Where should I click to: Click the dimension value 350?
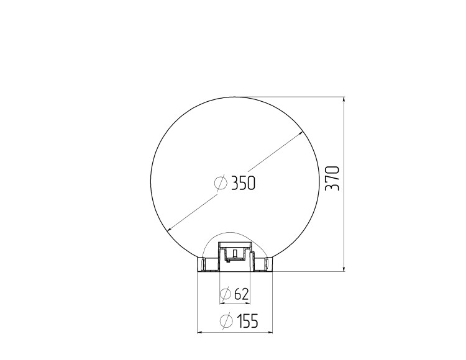click(243, 183)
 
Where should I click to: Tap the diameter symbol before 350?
click(221, 183)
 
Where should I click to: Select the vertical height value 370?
click(332, 178)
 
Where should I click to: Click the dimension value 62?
click(241, 294)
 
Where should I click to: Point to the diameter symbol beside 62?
click(226, 294)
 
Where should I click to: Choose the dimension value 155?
click(247, 321)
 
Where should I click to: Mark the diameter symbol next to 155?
click(226, 321)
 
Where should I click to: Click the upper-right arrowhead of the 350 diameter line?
click(301, 133)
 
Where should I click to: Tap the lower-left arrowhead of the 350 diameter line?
click(170, 228)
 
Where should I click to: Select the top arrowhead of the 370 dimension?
click(344, 100)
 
